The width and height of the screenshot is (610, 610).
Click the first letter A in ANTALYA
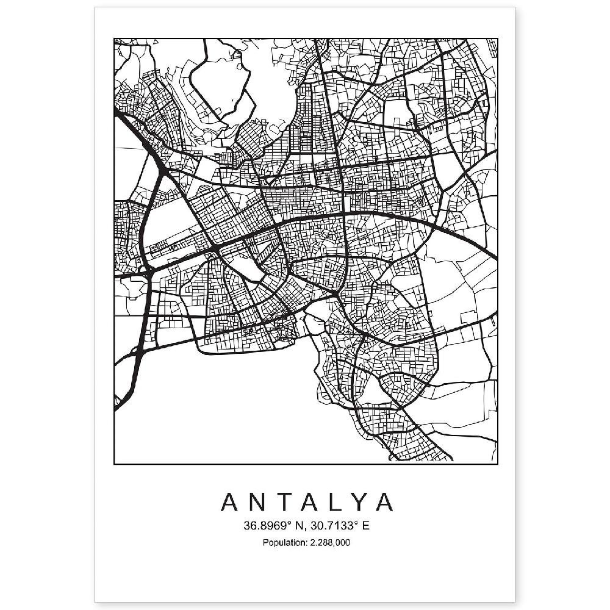[231, 501]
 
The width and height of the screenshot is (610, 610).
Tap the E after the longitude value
[365, 525]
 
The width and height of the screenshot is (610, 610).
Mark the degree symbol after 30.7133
[354, 522]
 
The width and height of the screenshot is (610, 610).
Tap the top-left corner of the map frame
[114, 39]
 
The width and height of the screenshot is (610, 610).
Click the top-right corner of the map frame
[497, 39]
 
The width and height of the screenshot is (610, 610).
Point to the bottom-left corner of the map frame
[114, 464]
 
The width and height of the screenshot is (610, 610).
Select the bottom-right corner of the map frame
[497, 464]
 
